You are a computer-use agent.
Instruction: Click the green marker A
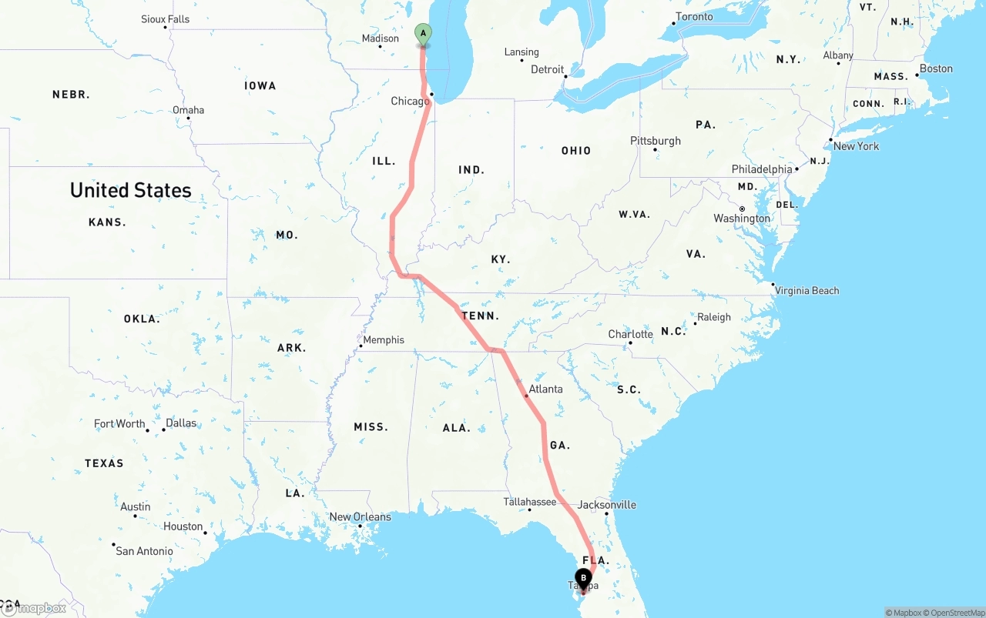(423, 34)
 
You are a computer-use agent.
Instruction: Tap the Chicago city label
(409, 102)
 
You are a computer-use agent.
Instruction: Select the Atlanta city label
(545, 389)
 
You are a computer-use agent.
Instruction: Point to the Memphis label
(383, 339)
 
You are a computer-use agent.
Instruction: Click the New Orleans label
(360, 516)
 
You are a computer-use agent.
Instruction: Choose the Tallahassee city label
(529, 502)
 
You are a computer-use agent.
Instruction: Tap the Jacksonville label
(607, 505)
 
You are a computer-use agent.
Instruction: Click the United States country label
(130, 190)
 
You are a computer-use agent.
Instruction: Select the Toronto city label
(694, 17)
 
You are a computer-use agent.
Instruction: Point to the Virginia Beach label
(807, 290)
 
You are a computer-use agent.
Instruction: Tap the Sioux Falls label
(165, 19)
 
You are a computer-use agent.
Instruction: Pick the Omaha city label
(188, 110)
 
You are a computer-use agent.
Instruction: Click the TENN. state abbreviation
(480, 316)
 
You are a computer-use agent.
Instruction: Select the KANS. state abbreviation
(107, 222)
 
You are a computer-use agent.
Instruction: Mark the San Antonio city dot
(113, 545)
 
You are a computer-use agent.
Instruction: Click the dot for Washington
(742, 209)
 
